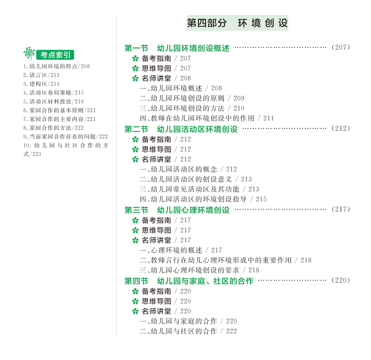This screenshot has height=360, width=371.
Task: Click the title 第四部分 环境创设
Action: click(237, 23)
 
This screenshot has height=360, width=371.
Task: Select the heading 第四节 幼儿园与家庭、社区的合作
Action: click(188, 281)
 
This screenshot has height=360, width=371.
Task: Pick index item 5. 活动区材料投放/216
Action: click(53, 102)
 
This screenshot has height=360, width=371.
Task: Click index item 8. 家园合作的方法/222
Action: click(53, 128)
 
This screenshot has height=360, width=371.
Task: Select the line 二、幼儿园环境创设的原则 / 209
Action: click(192, 98)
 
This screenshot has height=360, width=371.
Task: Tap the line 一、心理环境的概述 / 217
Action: click(180, 250)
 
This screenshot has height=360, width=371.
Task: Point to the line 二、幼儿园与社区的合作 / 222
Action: click(188, 331)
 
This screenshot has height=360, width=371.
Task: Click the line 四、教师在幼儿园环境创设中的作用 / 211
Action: click(207, 118)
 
